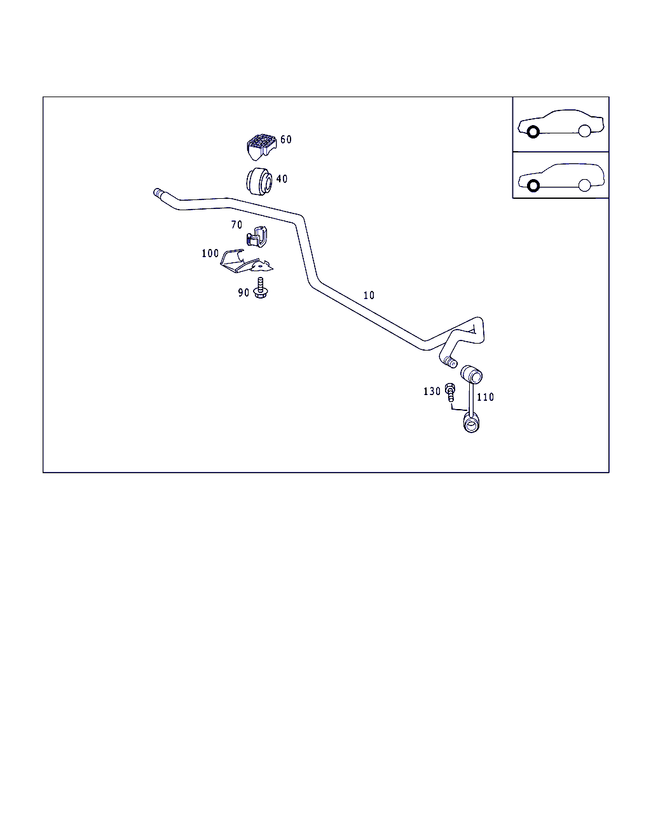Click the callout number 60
tap(286, 139)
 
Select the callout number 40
tap(282, 178)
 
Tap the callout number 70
tap(236, 225)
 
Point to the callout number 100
tap(210, 253)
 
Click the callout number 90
tap(243, 292)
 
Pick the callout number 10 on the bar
tap(369, 295)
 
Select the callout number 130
tap(432, 391)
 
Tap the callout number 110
tap(485, 397)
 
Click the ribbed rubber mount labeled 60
tap(261, 147)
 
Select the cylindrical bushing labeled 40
tap(259, 182)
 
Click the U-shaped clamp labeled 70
tap(257, 236)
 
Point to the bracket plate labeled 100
tap(247, 261)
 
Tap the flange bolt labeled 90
tap(260, 288)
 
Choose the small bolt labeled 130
tap(450, 393)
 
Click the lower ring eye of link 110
tap(471, 424)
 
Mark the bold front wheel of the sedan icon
tap(533, 132)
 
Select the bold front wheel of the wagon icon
tap(533, 186)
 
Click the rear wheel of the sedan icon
tap(584, 131)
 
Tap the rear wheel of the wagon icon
tap(584, 185)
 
